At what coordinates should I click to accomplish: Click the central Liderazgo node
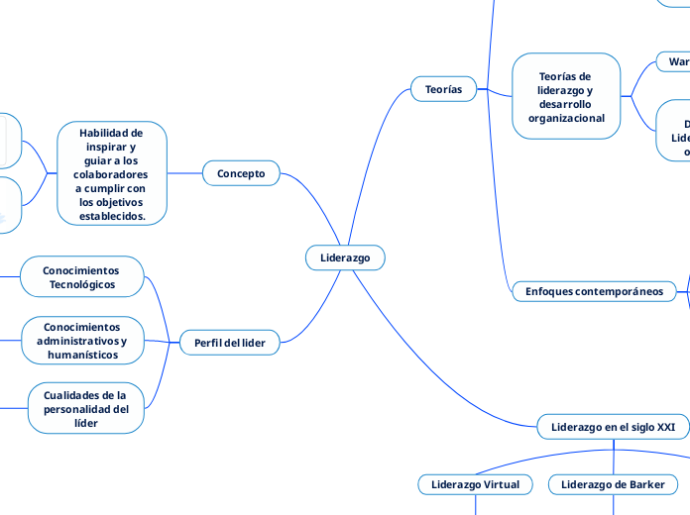click(x=345, y=257)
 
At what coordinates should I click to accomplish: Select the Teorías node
click(x=443, y=89)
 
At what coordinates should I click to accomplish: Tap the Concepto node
click(x=241, y=173)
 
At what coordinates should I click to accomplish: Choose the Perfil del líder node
click(x=230, y=343)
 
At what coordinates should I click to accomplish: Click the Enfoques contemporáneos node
click(x=594, y=291)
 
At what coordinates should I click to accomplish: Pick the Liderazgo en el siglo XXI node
click(x=613, y=427)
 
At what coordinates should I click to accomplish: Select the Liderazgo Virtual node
click(x=476, y=484)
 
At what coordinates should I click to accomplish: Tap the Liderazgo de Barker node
click(x=613, y=484)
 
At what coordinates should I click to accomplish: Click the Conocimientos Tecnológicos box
click(x=82, y=277)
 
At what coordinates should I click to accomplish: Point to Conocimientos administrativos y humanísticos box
click(x=82, y=340)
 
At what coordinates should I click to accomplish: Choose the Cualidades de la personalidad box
click(x=86, y=408)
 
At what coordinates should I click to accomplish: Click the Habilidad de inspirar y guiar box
click(x=111, y=173)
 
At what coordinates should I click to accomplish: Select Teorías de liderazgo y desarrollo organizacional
click(x=566, y=96)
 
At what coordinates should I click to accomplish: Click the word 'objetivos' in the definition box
click(x=111, y=202)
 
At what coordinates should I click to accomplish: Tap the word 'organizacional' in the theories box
click(x=566, y=118)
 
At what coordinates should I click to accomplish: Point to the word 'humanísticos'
click(x=82, y=355)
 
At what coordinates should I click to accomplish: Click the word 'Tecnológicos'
click(x=82, y=284)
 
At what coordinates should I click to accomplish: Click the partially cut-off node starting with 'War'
click(x=677, y=61)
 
